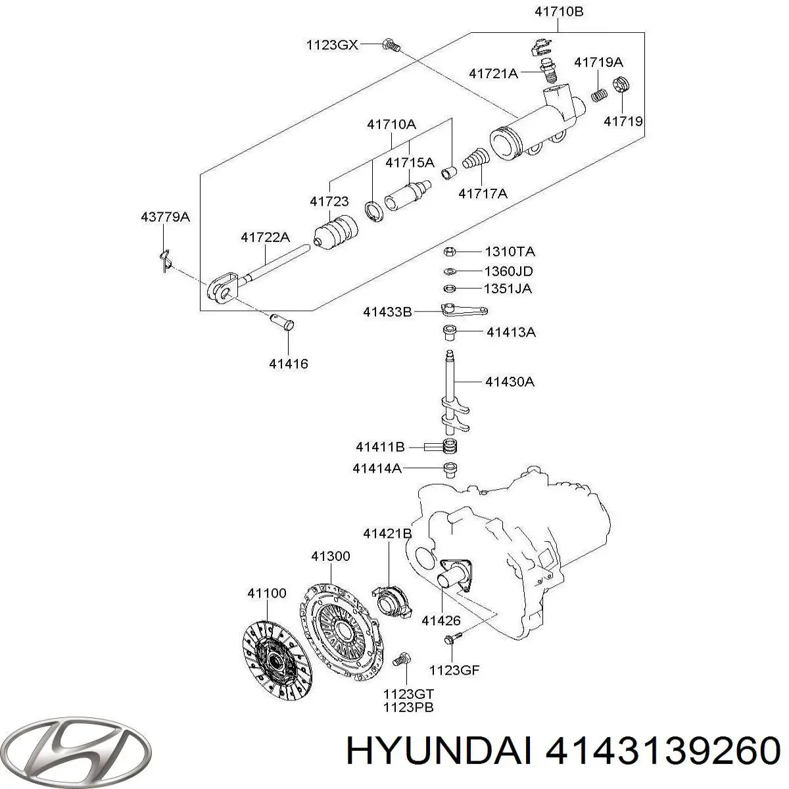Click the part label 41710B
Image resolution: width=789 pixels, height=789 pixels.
click(x=559, y=11)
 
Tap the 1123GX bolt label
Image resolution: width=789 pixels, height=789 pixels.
click(x=332, y=45)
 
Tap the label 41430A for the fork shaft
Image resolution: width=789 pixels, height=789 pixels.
click(x=510, y=381)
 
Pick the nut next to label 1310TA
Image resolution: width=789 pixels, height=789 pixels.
click(x=450, y=251)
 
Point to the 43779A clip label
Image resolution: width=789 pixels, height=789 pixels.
click(x=165, y=217)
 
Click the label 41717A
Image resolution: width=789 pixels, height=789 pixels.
click(x=483, y=193)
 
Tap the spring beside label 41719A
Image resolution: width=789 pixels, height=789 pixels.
click(x=598, y=95)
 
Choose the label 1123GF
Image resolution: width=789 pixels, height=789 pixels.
click(x=455, y=670)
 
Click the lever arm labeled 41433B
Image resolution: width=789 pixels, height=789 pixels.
click(x=463, y=311)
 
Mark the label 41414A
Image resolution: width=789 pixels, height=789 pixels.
click(x=377, y=468)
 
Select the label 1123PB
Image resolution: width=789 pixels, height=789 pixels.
click(x=409, y=707)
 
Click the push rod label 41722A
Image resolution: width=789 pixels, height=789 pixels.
click(x=265, y=238)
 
